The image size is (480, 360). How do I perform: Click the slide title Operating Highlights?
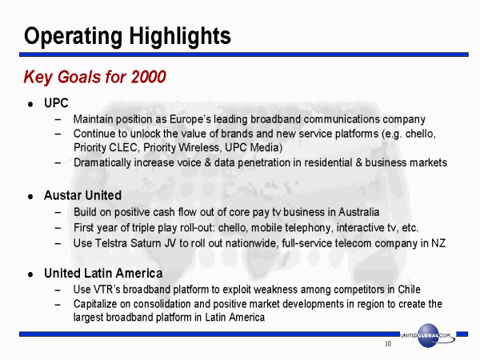point(127,37)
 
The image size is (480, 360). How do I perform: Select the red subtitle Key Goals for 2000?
point(95,77)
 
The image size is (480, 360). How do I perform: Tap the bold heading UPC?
point(56,103)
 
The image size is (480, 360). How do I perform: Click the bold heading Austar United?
point(82,195)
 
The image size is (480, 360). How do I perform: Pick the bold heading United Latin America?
point(103,273)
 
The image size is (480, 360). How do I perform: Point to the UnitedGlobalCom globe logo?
point(428,335)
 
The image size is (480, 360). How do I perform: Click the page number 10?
point(388,344)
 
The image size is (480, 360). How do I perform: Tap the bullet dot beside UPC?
point(30,104)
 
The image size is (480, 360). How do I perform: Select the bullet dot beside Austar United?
point(30,197)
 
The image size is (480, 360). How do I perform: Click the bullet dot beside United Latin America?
point(30,274)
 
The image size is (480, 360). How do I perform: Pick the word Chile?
point(409,290)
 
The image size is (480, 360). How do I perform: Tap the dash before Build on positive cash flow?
point(58,213)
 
